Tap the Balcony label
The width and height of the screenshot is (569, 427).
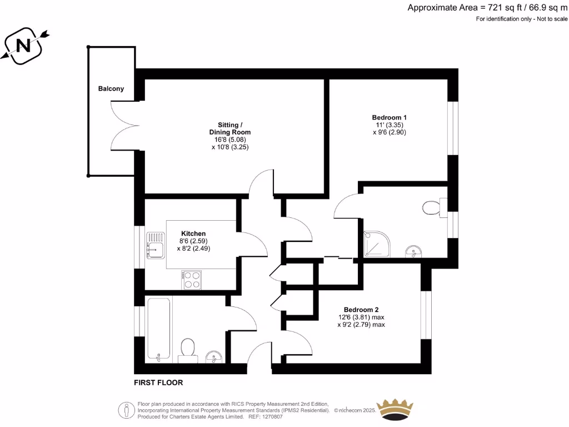[x=111, y=88]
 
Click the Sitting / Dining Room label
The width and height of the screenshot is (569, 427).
[x=229, y=128]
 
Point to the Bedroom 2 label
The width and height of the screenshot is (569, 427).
[x=361, y=310]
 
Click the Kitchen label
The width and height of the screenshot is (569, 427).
[x=193, y=234]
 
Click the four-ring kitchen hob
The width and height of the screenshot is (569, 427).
[x=191, y=279]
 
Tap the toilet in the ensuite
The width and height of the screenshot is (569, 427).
[x=432, y=208]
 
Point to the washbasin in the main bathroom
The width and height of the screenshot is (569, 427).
[x=213, y=356]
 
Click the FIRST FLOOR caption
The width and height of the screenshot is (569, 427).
[x=158, y=383]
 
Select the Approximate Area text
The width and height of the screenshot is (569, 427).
[x=487, y=7]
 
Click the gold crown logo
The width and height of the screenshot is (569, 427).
[x=396, y=409]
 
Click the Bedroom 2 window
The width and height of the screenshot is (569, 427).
[x=426, y=315]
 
